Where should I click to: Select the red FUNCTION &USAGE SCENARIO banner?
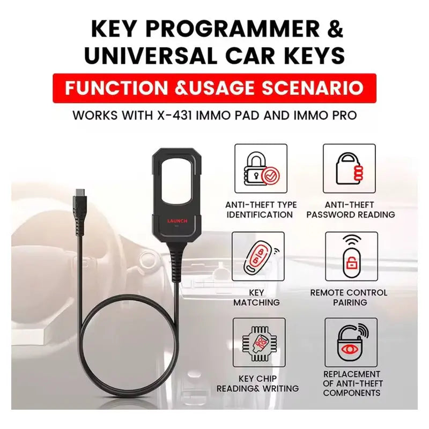coord(214,88)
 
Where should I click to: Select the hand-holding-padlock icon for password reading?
coord(349,169)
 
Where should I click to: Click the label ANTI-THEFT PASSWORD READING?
coord(352,210)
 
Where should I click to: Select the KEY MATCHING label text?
coord(256,298)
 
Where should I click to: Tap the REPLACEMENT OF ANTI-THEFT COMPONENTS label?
coord(352,383)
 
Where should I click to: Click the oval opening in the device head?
coord(177,180)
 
